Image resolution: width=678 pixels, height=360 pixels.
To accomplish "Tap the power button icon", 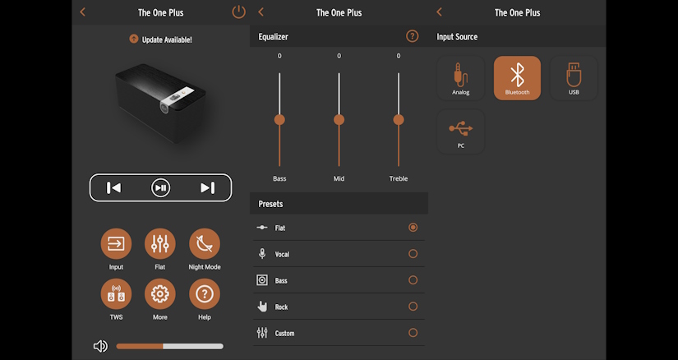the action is click(238, 12).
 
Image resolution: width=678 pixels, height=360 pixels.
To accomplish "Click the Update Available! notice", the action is click(160, 39).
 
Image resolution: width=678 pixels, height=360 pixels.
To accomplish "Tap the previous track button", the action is click(113, 187).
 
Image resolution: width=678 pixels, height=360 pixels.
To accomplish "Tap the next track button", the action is click(208, 187).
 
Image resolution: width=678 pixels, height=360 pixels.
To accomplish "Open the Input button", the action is click(116, 243).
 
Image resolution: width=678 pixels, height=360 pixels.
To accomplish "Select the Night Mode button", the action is click(205, 243).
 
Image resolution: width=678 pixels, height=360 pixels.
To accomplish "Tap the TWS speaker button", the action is click(116, 294).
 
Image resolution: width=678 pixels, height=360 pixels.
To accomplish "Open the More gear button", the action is click(160, 294).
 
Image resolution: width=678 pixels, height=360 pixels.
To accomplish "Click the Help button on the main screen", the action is click(205, 294).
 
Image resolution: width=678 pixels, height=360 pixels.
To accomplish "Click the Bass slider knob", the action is click(279, 120).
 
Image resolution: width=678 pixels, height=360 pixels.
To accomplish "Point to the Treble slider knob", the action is click(399, 120).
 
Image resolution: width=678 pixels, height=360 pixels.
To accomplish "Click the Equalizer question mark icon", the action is click(413, 36).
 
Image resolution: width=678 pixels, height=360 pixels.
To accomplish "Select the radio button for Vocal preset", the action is click(413, 253).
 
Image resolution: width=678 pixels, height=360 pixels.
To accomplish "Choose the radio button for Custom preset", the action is click(413, 333).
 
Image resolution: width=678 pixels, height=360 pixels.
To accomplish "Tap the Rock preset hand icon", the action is click(262, 307).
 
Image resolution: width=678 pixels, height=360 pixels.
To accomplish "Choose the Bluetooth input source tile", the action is click(517, 78).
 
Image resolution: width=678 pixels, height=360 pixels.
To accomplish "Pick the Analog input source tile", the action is click(461, 78).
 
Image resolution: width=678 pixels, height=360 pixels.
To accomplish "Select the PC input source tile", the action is click(461, 132).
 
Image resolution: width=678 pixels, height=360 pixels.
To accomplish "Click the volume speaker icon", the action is click(100, 346).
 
